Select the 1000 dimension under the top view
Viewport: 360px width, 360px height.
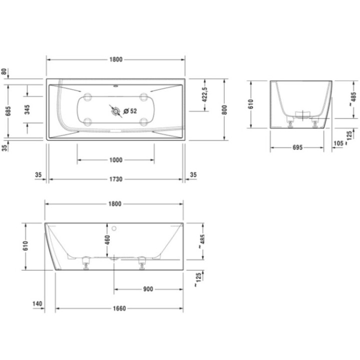115,160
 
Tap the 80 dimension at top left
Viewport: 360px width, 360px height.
5,71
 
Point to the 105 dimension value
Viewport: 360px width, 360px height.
338,144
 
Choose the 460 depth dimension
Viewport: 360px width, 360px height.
107,240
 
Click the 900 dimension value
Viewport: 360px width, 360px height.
147,289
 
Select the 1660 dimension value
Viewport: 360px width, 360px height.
119,308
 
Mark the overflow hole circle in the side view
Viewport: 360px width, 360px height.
114,229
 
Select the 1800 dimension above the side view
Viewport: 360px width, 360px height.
115,203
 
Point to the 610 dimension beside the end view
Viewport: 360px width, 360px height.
251,104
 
